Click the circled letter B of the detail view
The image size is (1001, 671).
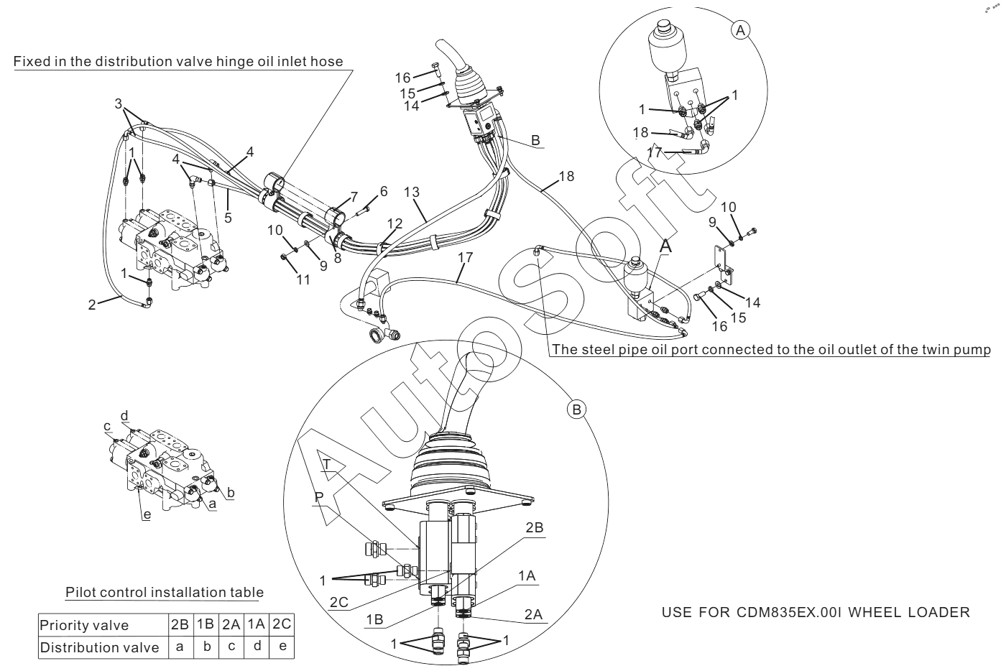click(577, 409)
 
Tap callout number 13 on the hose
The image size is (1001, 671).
click(412, 193)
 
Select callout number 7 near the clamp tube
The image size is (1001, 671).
click(353, 197)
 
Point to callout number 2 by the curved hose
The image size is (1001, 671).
click(91, 305)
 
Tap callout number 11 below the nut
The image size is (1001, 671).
click(304, 279)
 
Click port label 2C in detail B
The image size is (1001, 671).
click(339, 603)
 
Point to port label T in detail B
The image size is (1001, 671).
click(327, 464)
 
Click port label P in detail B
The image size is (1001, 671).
click(319, 496)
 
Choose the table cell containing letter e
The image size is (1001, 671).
click(282, 647)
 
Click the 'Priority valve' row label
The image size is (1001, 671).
click(84, 625)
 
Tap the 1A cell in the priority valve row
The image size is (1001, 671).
click(256, 625)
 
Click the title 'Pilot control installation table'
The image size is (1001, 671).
click(165, 593)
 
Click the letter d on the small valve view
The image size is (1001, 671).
click(124, 416)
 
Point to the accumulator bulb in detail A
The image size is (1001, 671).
click(664, 47)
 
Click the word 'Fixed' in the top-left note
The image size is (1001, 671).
click(32, 61)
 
